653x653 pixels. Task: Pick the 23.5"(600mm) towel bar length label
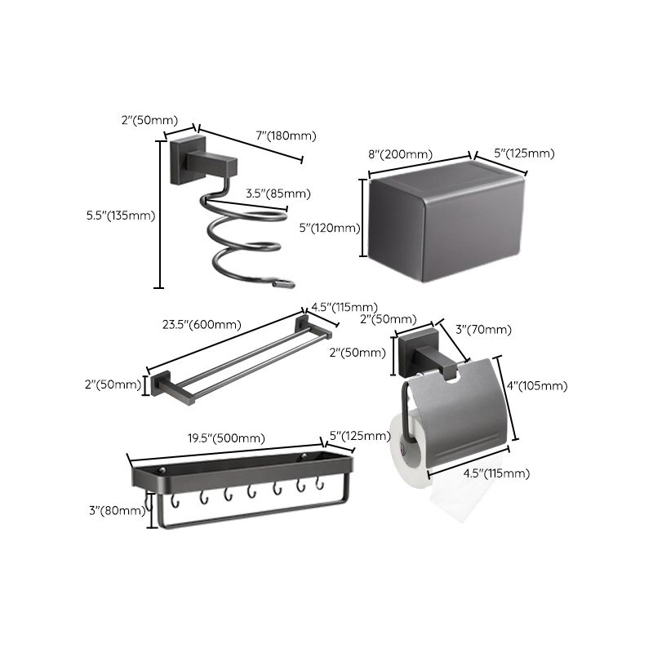[202, 324]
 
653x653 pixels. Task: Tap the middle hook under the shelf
[251, 492]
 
